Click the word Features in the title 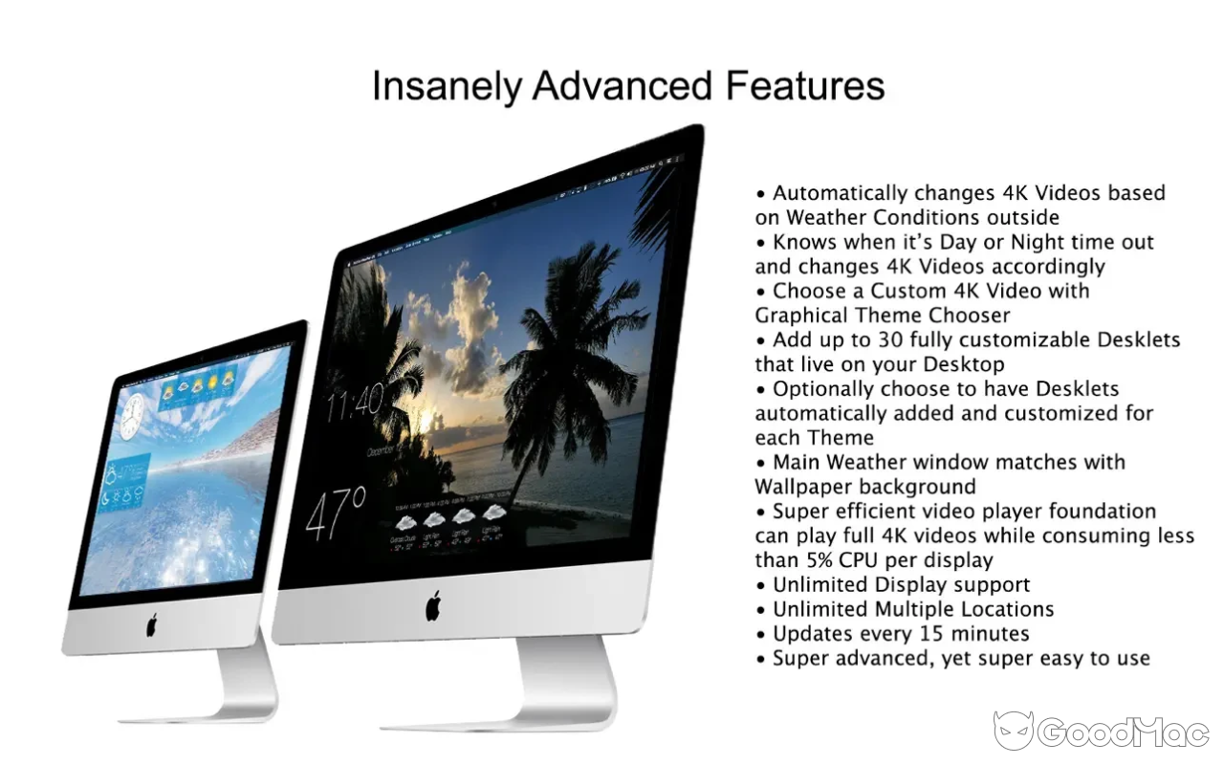click(804, 86)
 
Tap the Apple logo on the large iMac click(433, 605)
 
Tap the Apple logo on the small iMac click(151, 625)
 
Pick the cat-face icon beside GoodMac click(1013, 732)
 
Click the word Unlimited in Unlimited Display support click(820, 584)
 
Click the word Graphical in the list click(798, 316)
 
